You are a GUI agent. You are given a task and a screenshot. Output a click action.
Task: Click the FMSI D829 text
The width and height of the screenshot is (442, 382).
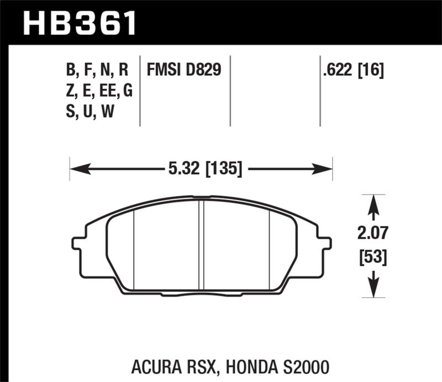(x=184, y=70)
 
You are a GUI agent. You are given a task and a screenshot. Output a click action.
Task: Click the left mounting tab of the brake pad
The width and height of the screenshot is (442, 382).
(x=78, y=243)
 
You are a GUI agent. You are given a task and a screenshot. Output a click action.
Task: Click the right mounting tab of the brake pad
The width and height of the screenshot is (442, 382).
(x=325, y=243)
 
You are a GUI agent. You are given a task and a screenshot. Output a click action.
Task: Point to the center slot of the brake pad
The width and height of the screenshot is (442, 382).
(x=202, y=243)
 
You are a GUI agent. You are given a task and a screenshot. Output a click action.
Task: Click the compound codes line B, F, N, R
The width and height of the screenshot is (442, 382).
(x=97, y=70)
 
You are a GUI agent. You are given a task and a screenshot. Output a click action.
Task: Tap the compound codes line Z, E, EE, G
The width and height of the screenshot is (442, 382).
(x=99, y=91)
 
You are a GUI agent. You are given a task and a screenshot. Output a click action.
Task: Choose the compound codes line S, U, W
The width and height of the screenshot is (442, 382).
(x=90, y=112)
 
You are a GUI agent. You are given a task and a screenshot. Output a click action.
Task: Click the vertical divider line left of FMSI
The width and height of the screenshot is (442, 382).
(x=141, y=91)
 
